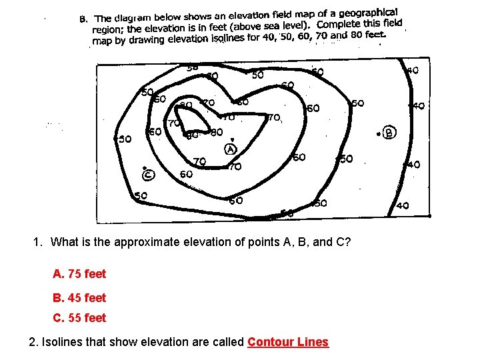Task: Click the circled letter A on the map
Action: pyautogui.click(x=231, y=149)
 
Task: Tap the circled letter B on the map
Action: pyautogui.click(x=389, y=133)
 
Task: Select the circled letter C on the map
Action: pyautogui.click(x=148, y=175)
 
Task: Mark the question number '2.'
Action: pyautogui.click(x=34, y=342)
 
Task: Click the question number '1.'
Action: pyautogui.click(x=38, y=242)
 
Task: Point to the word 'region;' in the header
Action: pyautogui.click(x=108, y=29)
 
